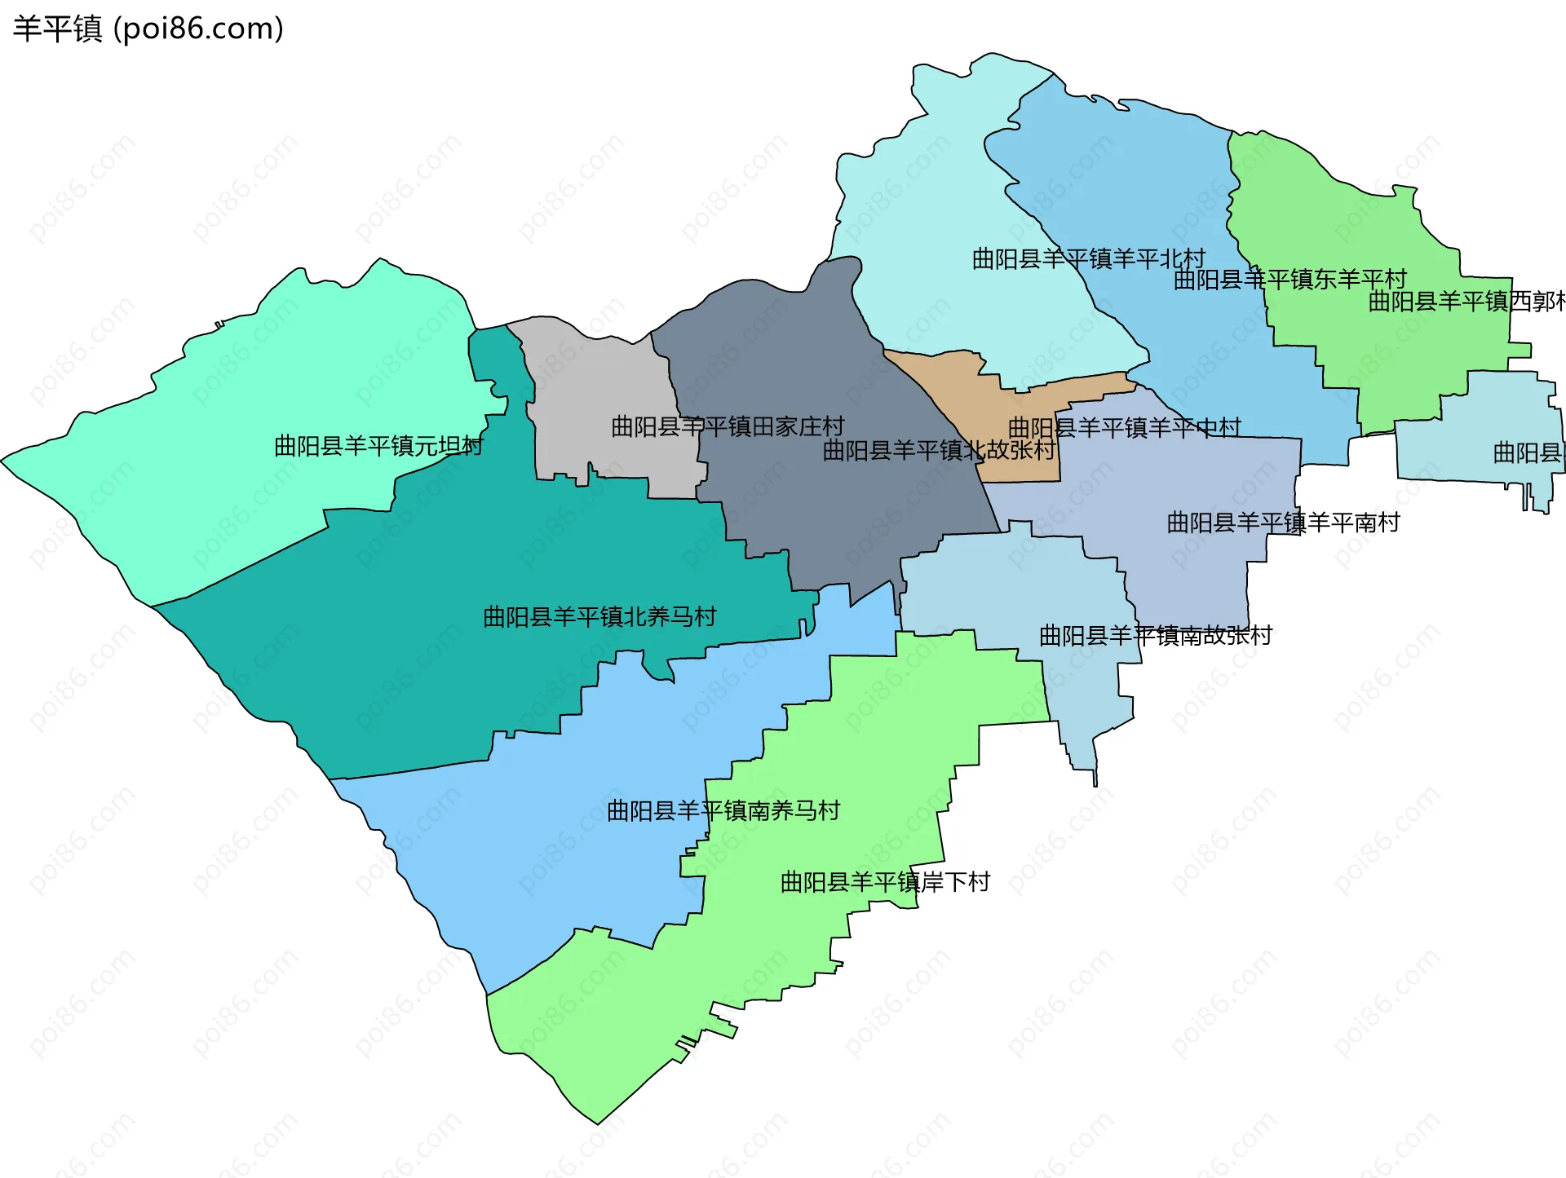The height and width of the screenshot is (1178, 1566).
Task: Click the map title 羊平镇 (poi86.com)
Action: tap(148, 29)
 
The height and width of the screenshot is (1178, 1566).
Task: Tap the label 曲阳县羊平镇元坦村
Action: tap(378, 446)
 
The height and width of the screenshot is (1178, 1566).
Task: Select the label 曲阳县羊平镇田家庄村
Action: tap(728, 426)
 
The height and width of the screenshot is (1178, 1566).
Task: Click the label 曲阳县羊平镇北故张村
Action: tap(939, 450)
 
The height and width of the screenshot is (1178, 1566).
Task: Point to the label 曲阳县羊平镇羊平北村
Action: tap(1088, 259)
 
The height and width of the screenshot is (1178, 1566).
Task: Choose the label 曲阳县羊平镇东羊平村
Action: tap(1290, 280)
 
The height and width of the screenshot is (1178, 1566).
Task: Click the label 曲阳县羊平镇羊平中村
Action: tap(1124, 427)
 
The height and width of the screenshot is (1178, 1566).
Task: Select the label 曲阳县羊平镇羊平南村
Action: tap(1283, 523)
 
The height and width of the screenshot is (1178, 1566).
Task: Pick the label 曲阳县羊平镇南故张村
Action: tap(1155, 635)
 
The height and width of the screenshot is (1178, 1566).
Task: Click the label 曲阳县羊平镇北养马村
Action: tap(599, 616)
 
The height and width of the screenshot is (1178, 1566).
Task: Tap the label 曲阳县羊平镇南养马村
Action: tap(723, 810)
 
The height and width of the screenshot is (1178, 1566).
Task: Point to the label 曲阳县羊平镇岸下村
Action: tap(885, 882)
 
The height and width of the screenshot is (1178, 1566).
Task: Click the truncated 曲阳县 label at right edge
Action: tap(1528, 452)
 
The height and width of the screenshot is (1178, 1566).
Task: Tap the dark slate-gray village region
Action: tap(816, 367)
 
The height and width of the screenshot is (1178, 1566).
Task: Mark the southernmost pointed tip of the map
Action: tap(597, 1123)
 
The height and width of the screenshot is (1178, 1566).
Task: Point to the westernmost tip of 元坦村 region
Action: tap(3, 461)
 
